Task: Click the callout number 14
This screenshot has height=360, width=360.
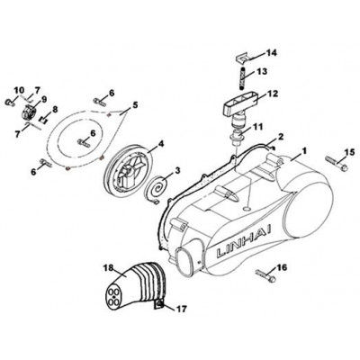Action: (x=270, y=53)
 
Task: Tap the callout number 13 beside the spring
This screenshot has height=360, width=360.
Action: (x=261, y=72)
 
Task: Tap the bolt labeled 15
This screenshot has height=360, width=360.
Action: (x=337, y=162)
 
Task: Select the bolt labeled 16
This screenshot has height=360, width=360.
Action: (x=266, y=275)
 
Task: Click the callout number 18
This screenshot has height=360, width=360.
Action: (x=109, y=267)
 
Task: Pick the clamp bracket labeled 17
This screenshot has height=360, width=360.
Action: (x=159, y=305)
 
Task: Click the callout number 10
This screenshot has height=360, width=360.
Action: (x=19, y=90)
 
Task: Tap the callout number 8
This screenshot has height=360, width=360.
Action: (x=55, y=110)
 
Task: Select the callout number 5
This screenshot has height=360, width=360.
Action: (x=135, y=104)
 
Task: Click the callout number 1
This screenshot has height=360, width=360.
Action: (x=304, y=150)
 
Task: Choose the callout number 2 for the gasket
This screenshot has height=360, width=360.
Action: (x=281, y=137)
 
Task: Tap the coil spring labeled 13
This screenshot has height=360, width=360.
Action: (x=243, y=78)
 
